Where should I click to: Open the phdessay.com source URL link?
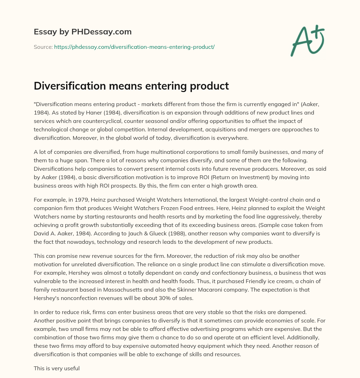pyautogui.click(x=134, y=47)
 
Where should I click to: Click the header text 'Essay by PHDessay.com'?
pyautogui.click(x=83, y=32)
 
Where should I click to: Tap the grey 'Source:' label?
pyautogui.click(x=43, y=47)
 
